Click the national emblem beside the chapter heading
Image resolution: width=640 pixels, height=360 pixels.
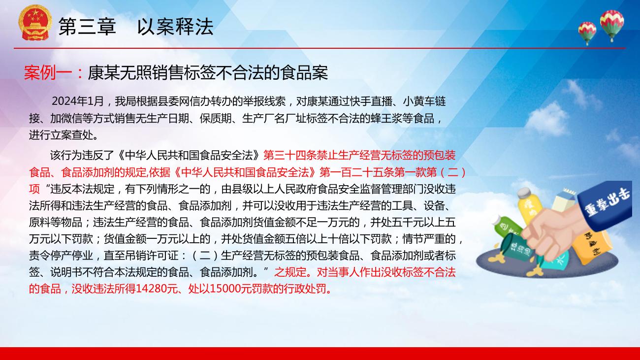point(35,23)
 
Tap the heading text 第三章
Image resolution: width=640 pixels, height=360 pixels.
point(87,27)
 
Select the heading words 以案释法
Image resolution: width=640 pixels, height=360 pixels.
point(175,27)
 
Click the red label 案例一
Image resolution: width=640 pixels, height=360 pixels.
point(48,73)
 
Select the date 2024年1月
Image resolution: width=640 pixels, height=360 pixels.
point(78,101)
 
